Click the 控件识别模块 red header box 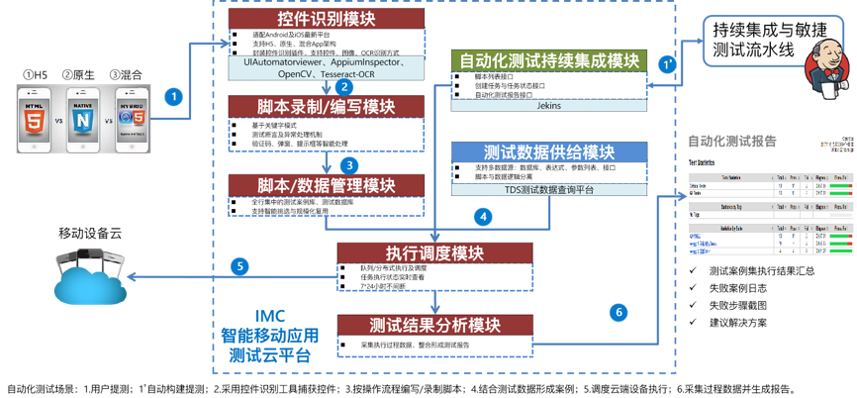click(327, 19)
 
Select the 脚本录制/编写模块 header click(327, 107)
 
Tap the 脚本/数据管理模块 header click(327, 185)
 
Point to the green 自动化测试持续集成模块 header click(549, 60)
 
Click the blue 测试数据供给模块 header click(549, 153)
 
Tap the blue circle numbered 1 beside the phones click(173, 97)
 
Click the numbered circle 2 click(346, 87)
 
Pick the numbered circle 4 click(483, 215)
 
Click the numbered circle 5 click(239, 265)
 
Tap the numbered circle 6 click(619, 312)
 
